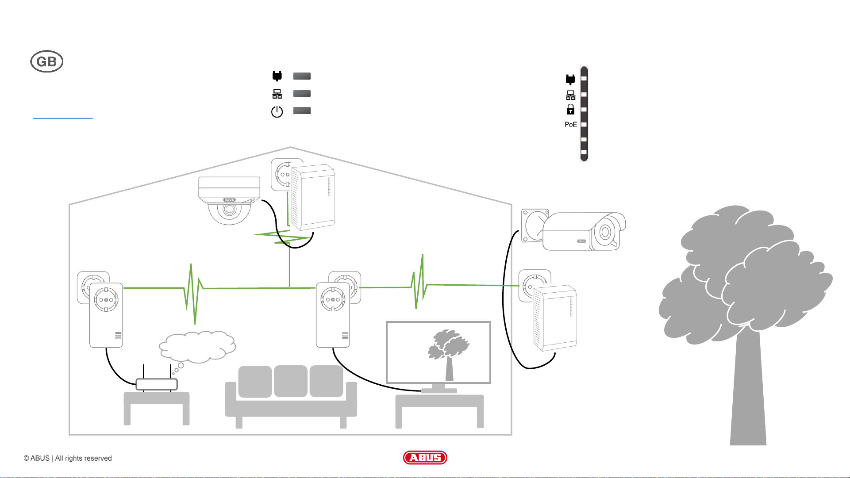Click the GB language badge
46,61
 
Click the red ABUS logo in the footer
425,458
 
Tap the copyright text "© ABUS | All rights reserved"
68,458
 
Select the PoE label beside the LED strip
570,125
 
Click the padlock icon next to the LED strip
570,109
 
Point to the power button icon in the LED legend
277,111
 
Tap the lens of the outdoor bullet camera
605,232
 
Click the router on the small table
157,384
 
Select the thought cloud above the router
197,347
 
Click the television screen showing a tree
438,352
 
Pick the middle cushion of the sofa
290,381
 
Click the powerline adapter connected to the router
106,315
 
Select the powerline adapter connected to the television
333,315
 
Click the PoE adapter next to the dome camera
313,197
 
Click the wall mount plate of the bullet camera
534,226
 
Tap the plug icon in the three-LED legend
277,76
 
